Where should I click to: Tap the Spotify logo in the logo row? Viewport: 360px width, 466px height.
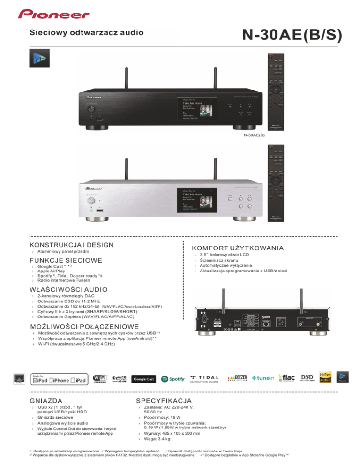coord(172,379)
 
